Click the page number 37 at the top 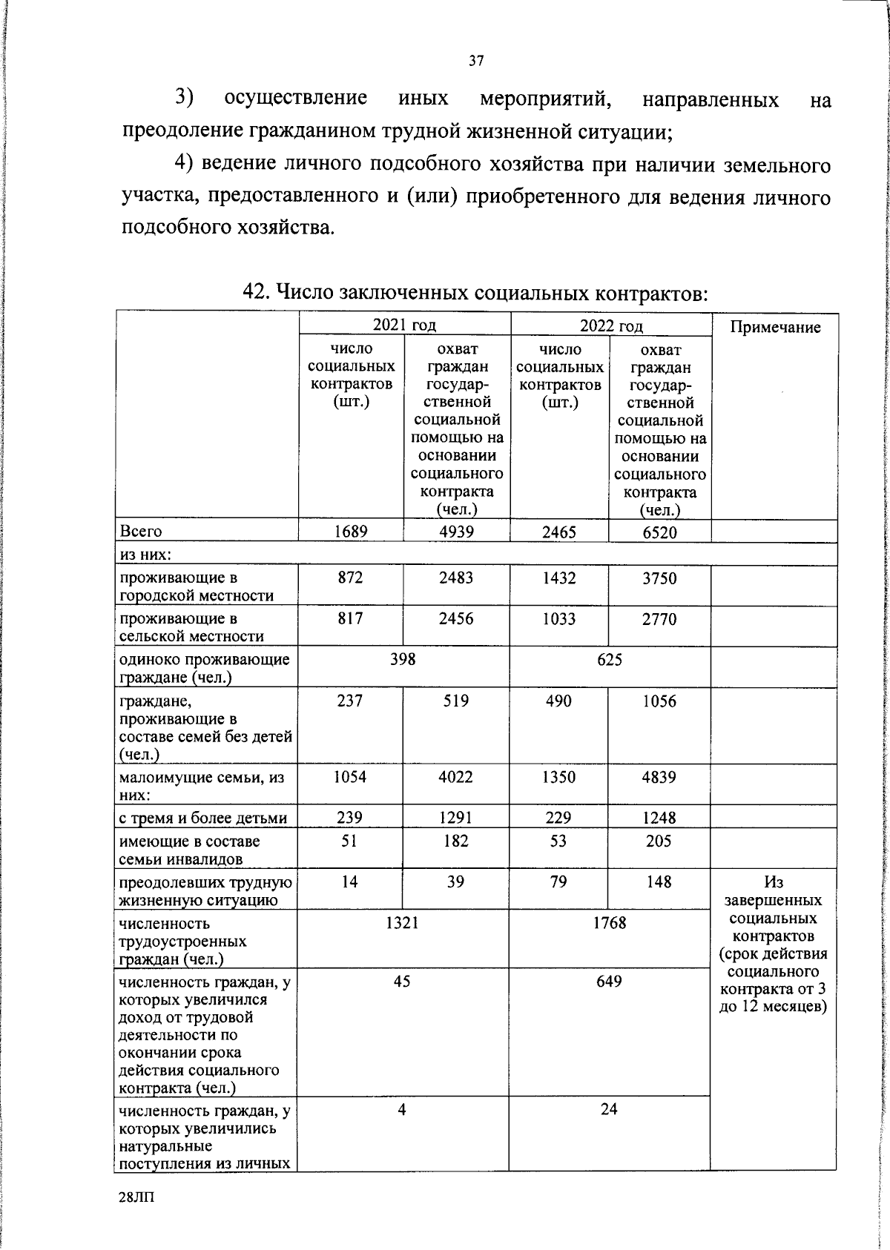(x=476, y=61)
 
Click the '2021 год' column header (x=404, y=325)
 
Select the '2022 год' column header (x=611, y=325)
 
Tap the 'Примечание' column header (x=775, y=327)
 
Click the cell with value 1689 (x=351, y=531)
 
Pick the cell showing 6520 (x=659, y=532)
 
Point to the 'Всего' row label (x=141, y=532)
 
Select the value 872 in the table (x=350, y=578)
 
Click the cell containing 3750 (x=659, y=578)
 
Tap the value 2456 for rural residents (x=455, y=619)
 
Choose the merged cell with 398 (x=403, y=659)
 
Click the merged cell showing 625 (x=610, y=659)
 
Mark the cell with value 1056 (x=659, y=701)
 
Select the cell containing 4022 (x=455, y=777)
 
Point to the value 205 (x=659, y=841)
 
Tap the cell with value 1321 (x=402, y=922)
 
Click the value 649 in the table (x=609, y=981)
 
